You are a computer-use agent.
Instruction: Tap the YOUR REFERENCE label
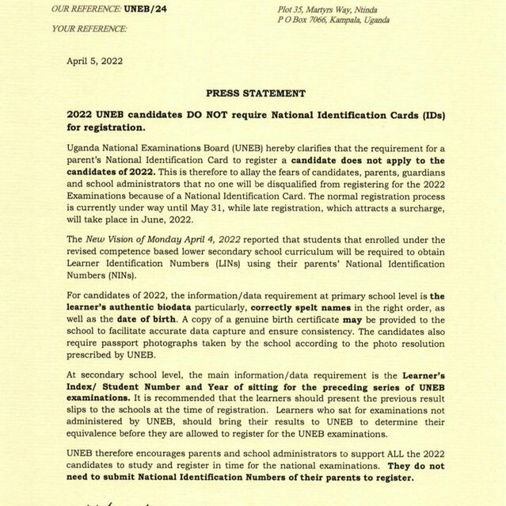click(89, 29)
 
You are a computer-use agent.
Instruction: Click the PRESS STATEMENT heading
click(255, 93)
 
